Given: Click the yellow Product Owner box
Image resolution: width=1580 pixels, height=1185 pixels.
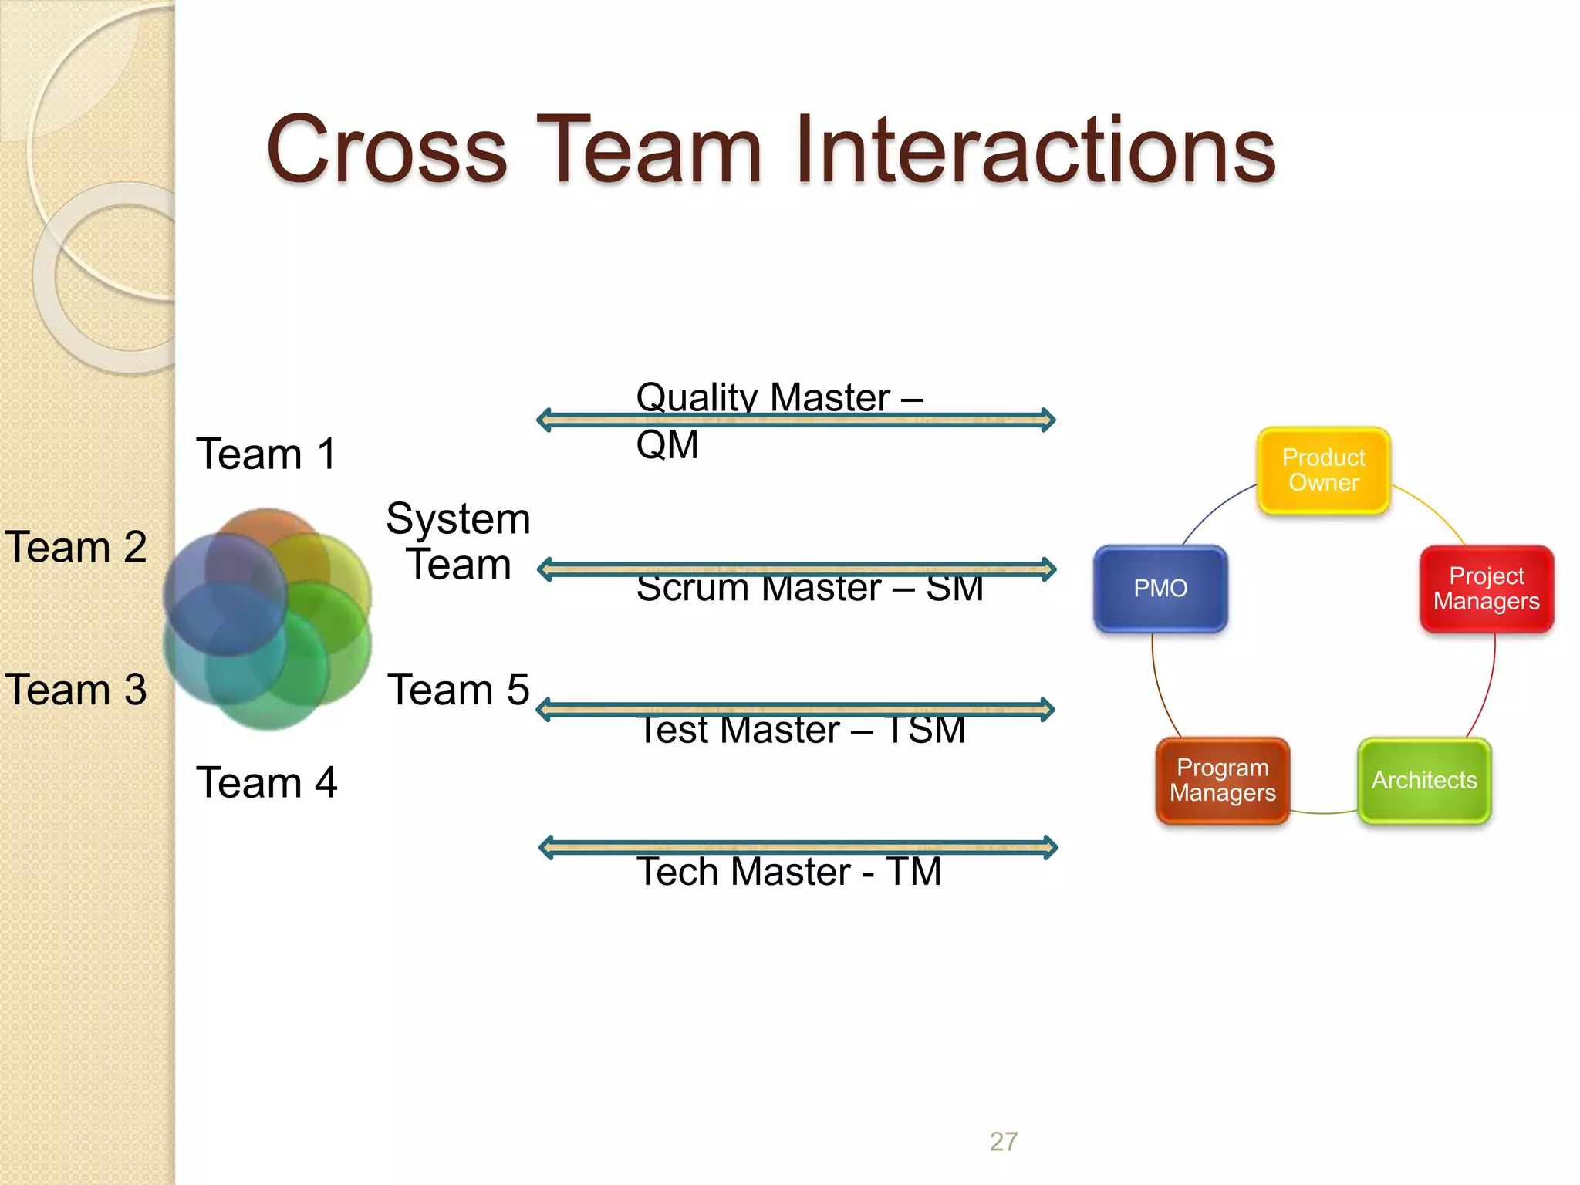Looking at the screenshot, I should [1323, 470].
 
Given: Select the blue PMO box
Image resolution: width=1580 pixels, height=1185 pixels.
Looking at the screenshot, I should [1160, 589].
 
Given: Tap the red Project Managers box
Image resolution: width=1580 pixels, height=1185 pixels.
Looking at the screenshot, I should [1486, 589].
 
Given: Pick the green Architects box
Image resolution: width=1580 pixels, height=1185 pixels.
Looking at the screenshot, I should [1423, 780].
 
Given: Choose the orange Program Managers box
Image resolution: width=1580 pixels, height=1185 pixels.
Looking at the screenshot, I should [1222, 780].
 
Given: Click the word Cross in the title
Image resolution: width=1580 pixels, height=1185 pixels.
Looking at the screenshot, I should [386, 150].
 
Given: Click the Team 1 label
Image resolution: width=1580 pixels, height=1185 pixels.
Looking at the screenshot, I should [266, 454].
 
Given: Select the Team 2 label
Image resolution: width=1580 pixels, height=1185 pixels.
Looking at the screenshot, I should [76, 547].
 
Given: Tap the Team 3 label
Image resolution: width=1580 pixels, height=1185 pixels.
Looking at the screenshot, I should [76, 690].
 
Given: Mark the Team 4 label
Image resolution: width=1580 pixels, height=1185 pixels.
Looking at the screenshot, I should [266, 783].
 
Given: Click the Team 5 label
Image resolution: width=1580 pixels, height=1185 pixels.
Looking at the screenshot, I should [458, 690].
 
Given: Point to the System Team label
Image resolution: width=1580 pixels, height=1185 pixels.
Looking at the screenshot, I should [458, 541].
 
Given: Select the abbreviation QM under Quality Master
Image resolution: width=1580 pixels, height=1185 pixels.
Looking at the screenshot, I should [667, 445].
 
